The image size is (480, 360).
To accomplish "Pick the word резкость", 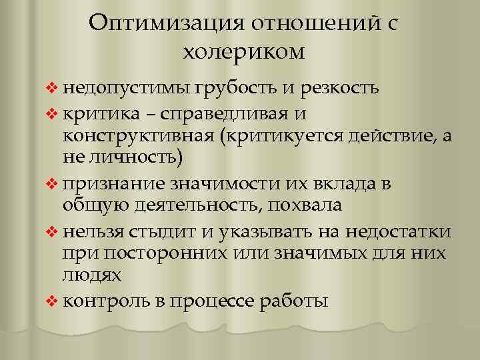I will [x=340, y=87].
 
